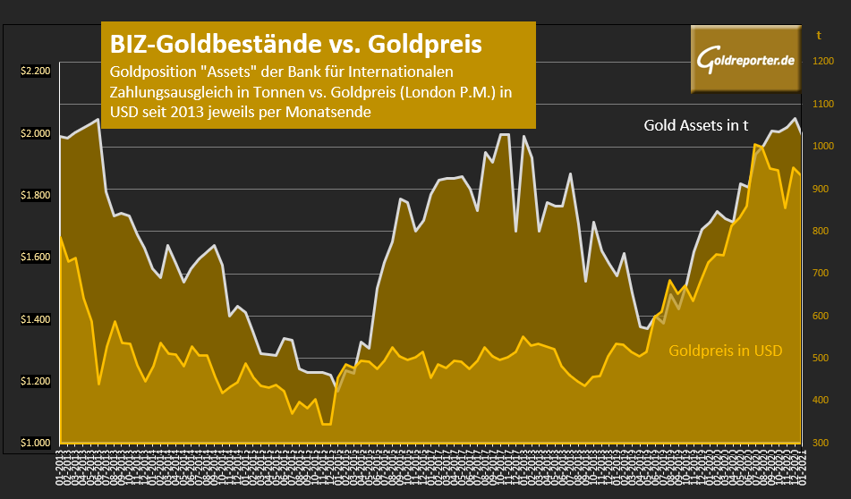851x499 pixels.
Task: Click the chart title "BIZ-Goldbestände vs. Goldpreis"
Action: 295,44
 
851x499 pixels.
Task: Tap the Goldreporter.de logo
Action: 745,60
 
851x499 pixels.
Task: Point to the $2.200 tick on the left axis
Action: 37,72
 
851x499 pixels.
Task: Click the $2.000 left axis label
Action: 37,133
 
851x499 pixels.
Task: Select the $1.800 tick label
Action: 37,195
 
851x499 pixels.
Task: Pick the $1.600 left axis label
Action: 37,258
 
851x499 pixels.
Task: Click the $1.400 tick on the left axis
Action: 37,319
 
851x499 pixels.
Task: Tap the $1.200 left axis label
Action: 37,381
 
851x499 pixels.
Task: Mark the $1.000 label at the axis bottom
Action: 37,443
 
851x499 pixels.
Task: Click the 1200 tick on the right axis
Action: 822,62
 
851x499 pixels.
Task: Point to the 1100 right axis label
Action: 822,104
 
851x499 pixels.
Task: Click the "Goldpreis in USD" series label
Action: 725,351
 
